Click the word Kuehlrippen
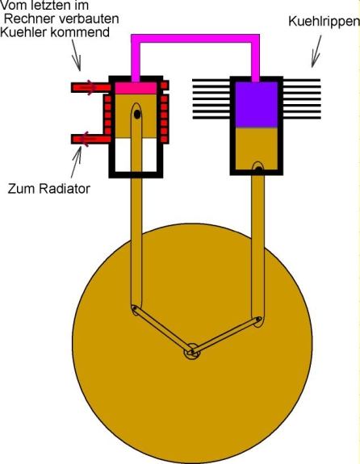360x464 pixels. coord(324,22)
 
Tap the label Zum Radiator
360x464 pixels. coord(49,189)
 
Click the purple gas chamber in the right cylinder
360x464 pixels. coord(257,105)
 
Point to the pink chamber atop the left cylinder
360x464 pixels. coord(136,88)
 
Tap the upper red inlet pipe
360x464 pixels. coord(91,87)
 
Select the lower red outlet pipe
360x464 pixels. coord(91,139)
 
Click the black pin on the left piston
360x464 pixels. coord(136,115)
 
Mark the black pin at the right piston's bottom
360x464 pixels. coord(259,169)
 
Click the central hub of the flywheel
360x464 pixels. coord(192,352)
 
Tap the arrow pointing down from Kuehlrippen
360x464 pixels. coord(316,52)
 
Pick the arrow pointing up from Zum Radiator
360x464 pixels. coord(76,162)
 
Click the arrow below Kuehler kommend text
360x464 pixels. coord(76,56)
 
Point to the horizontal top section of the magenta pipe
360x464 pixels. coord(195,39)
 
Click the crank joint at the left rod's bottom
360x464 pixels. coord(135,309)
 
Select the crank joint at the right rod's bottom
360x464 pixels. coord(258,320)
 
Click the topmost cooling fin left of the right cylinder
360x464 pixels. coord(211,80)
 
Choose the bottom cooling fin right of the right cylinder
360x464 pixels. coord(302,118)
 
